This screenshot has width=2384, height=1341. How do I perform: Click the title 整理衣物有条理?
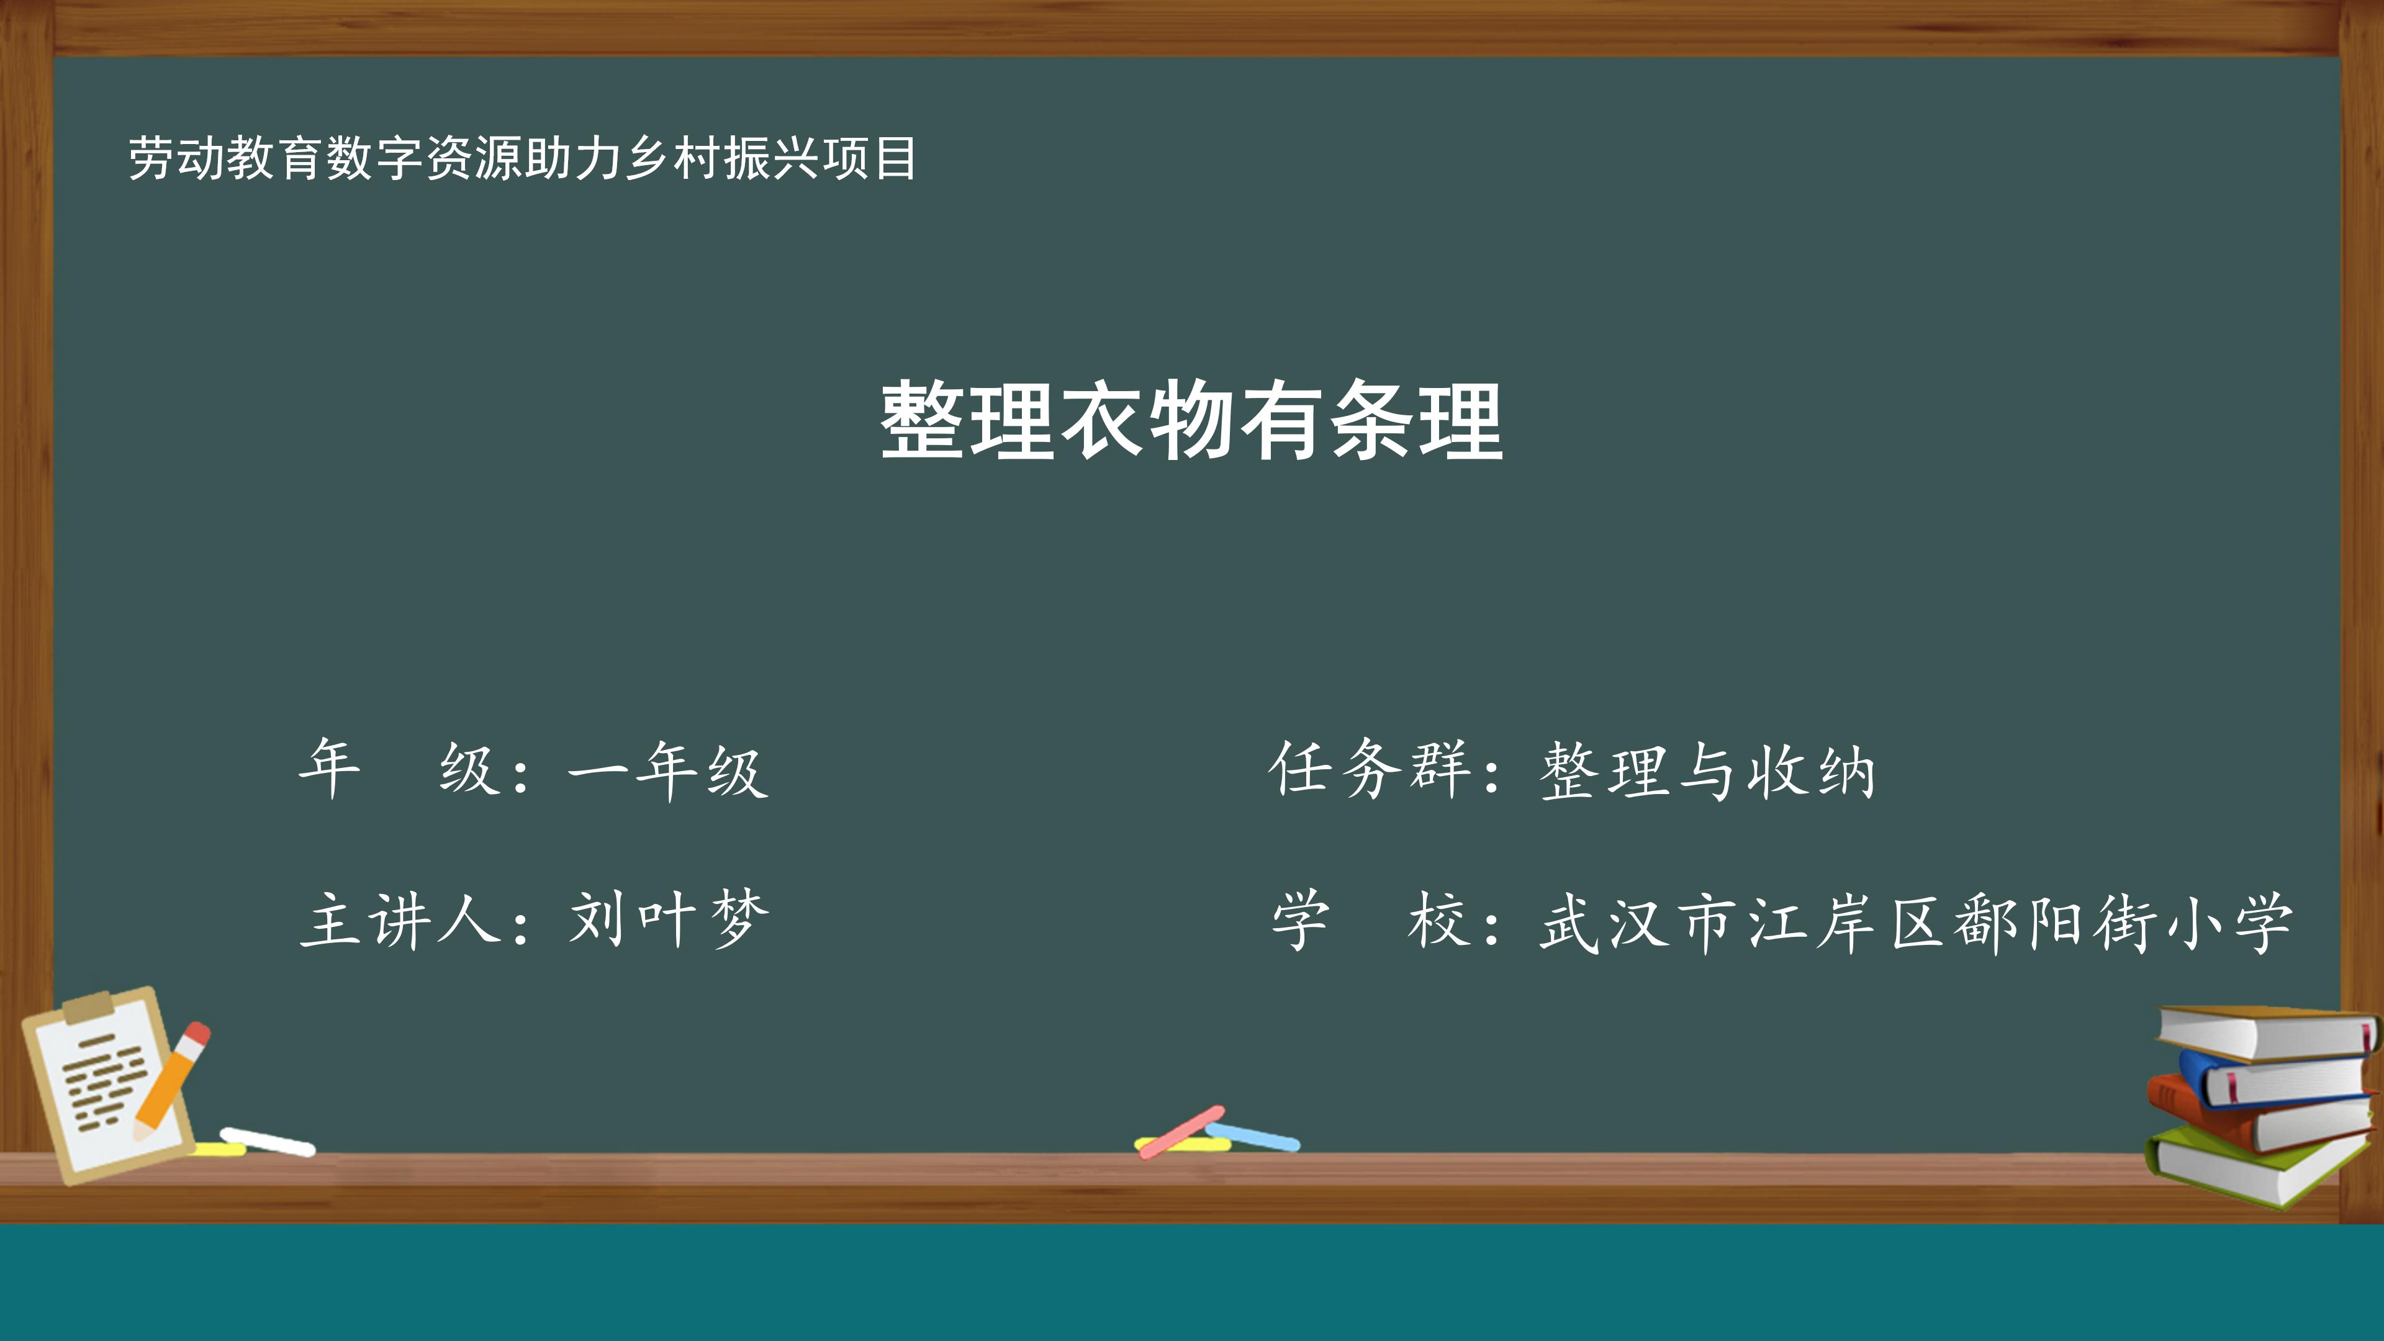coord(1191,421)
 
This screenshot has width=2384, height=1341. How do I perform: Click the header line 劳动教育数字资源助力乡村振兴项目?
coord(522,158)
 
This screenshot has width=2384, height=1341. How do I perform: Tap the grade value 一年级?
coord(668,770)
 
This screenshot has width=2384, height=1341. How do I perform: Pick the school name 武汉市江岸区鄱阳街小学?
coord(1916,923)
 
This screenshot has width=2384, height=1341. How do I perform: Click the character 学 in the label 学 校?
coord(1300,920)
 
